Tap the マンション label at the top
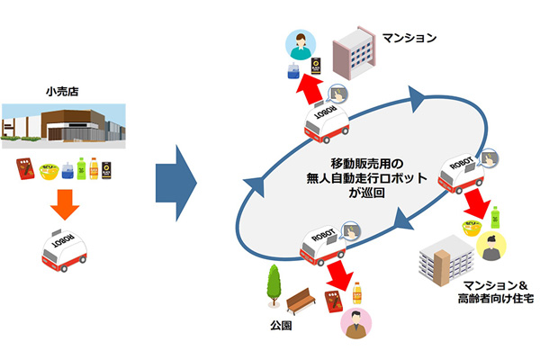click(x=409, y=39)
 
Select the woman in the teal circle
click(x=297, y=42)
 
